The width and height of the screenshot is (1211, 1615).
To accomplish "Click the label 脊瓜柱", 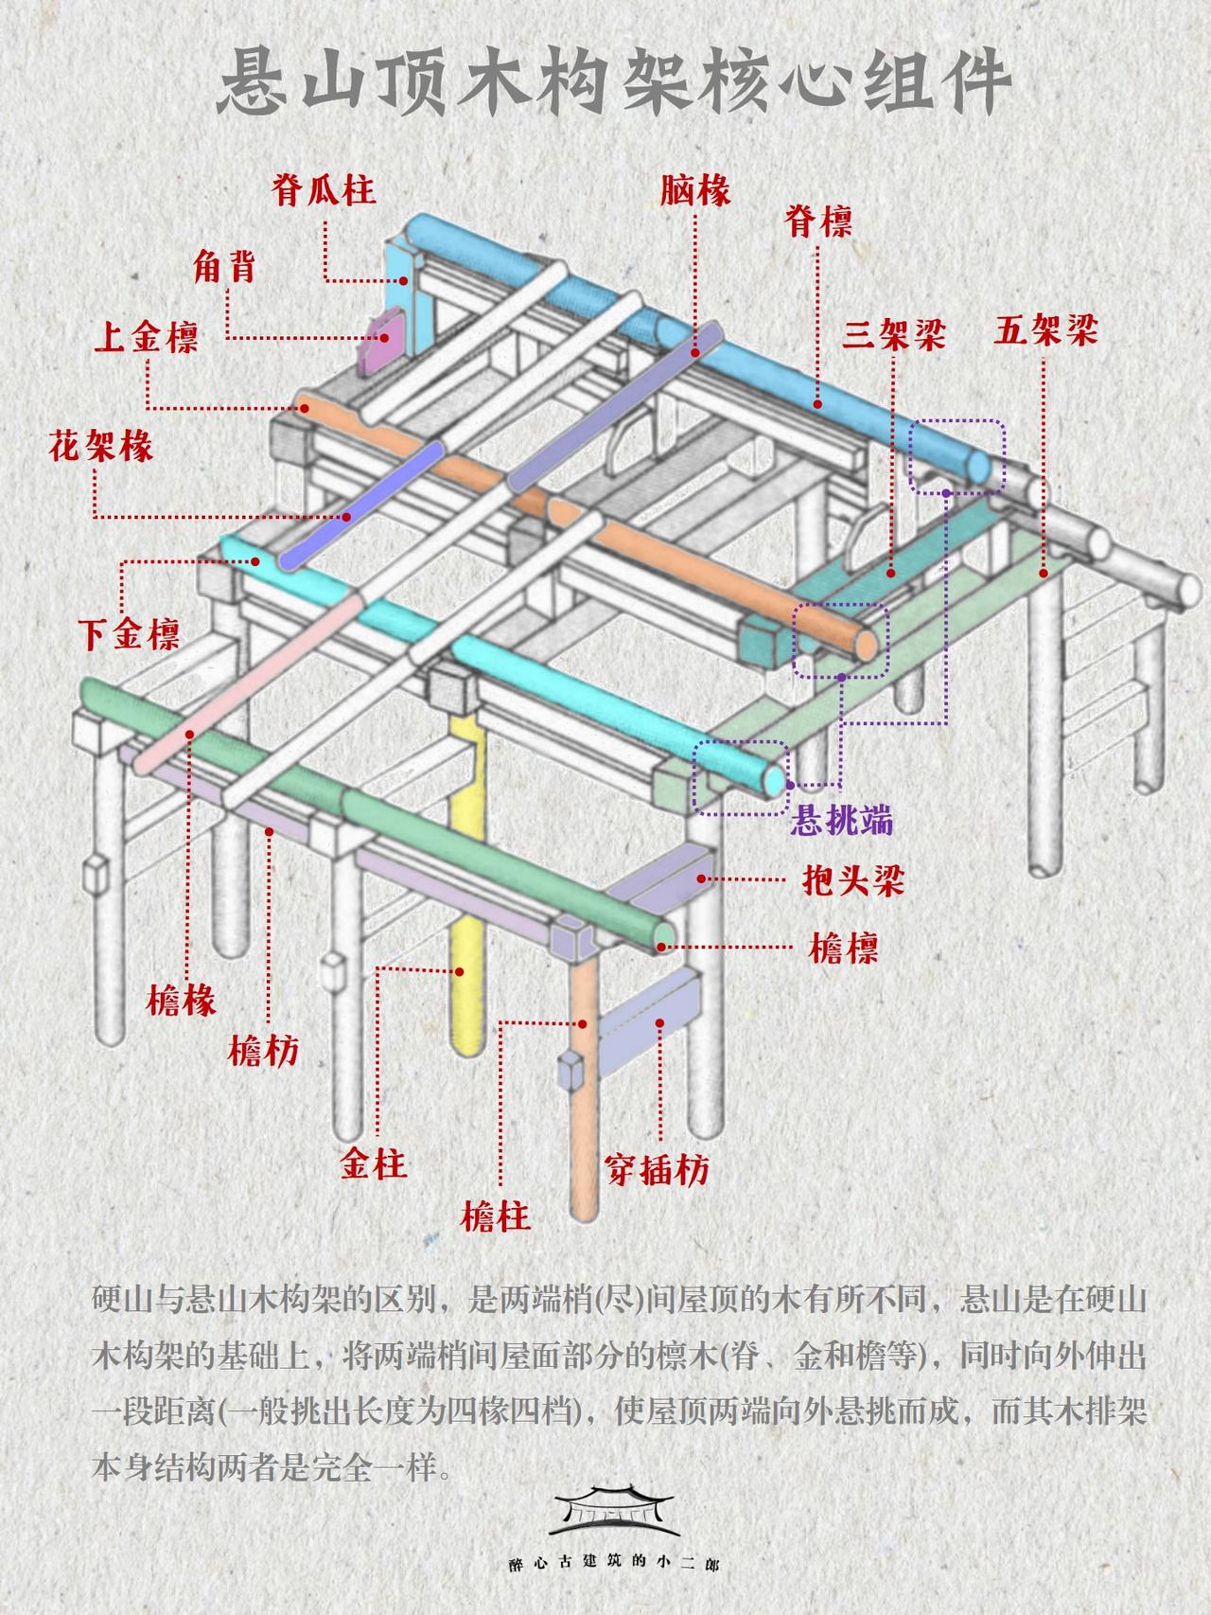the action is click(324, 190).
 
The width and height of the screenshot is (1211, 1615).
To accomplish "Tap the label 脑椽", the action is click(695, 190).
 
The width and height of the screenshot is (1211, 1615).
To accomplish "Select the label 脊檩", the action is click(818, 222).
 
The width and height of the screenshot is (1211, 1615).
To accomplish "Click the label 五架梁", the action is click(1045, 331).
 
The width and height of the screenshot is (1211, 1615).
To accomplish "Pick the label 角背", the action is click(225, 267).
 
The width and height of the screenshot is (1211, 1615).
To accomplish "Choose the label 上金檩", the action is click(146, 337).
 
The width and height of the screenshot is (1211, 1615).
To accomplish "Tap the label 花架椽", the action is click(101, 445).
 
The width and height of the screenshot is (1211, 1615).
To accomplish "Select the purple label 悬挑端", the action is click(841, 820).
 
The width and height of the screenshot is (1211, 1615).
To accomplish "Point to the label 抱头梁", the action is click(847, 880).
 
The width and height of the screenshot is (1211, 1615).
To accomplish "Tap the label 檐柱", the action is click(496, 1216).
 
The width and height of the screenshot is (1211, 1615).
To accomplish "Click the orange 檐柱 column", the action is click(585, 1098).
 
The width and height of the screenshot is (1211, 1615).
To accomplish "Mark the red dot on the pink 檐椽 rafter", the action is click(190, 733).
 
